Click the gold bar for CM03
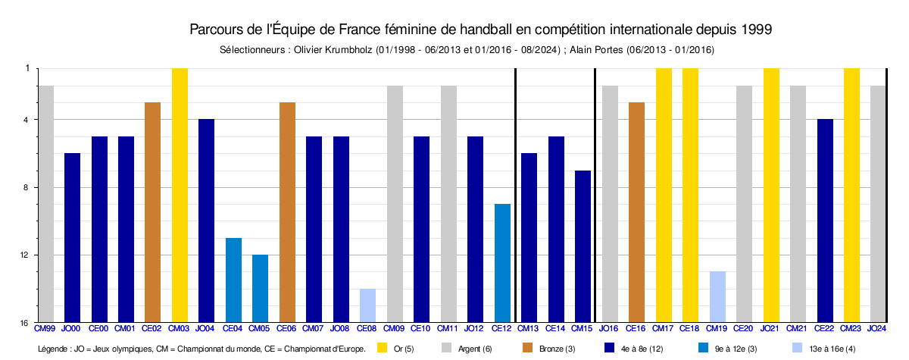click(x=180, y=195)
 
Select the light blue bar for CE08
click(x=368, y=305)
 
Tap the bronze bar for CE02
click(x=152, y=212)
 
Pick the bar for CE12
click(x=502, y=263)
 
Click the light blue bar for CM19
click(x=717, y=296)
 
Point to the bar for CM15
click(x=583, y=246)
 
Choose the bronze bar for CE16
click(x=636, y=212)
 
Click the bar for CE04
click(x=233, y=280)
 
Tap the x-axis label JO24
click(x=876, y=328)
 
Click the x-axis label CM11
click(x=448, y=328)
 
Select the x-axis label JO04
click(x=206, y=328)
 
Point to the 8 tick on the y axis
click(x=27, y=187)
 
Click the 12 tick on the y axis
click(x=26, y=255)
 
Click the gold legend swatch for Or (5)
click(x=382, y=349)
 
